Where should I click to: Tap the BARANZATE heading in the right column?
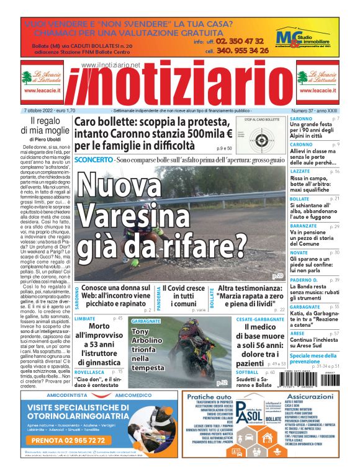click(305, 227)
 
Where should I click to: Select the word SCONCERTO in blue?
click(93, 160)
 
